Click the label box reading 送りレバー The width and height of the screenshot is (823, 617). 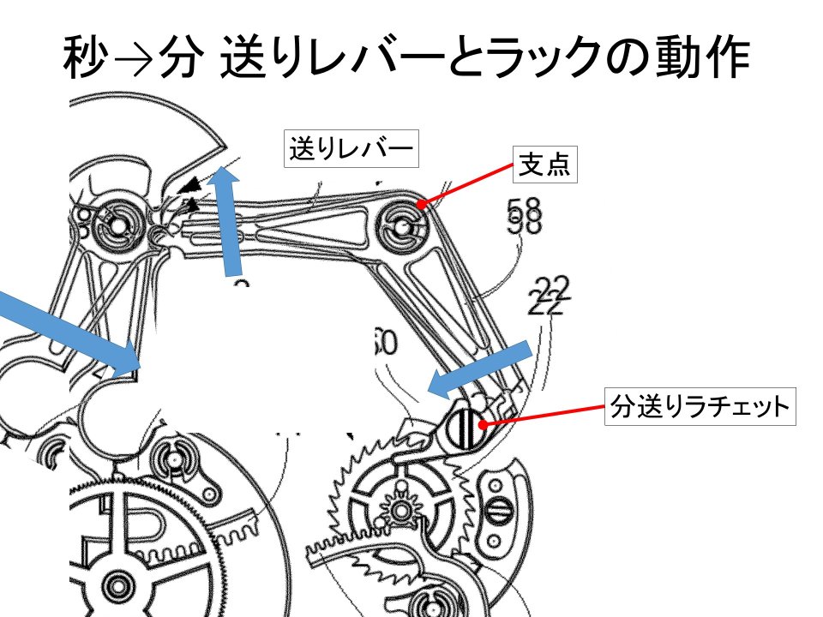coord(351,150)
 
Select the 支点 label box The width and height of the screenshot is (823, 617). coord(544,165)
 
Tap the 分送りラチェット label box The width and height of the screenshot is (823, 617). coord(699,407)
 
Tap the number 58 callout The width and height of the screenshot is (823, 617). coord(525,216)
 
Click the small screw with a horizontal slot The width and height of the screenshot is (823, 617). coord(500,509)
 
